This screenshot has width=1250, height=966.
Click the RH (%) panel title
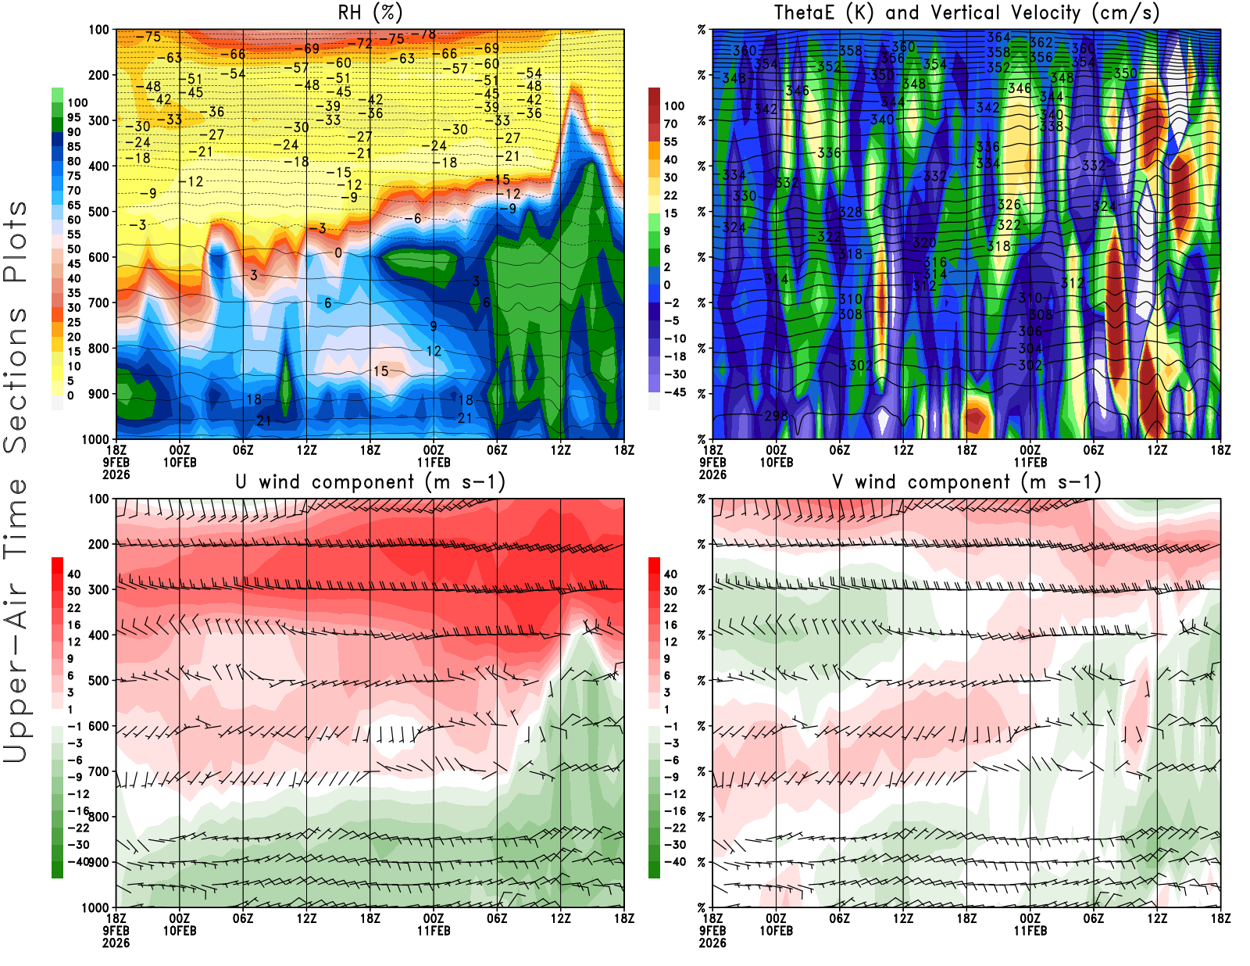(x=370, y=13)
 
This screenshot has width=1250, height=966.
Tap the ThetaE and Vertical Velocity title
(x=966, y=13)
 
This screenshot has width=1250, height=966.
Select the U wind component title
(x=370, y=481)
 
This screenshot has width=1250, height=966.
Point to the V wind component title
(x=966, y=481)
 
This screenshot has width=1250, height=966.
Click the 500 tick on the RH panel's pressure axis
(x=98, y=212)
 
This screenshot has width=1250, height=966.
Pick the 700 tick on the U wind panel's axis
(x=98, y=771)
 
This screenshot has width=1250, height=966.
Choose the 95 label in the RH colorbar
(x=74, y=117)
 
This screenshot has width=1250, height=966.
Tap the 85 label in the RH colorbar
(x=74, y=147)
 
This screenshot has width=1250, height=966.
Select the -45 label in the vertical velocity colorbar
(x=674, y=392)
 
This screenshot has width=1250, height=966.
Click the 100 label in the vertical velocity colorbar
(x=673, y=106)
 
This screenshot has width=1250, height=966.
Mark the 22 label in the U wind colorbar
(x=74, y=608)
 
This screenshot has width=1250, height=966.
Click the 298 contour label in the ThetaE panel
(x=776, y=416)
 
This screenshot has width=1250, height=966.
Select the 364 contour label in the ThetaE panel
(x=998, y=38)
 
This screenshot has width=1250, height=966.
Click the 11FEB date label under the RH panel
(x=434, y=462)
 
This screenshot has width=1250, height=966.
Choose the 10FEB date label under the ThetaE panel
(x=776, y=462)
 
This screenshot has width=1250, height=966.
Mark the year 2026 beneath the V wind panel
(x=712, y=943)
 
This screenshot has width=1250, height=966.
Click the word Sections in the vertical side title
(x=16, y=379)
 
